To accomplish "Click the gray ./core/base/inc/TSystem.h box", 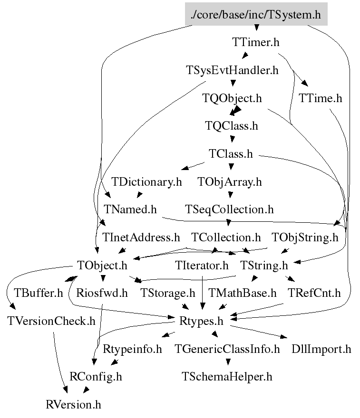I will (256, 14).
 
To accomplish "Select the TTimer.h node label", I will (255, 42).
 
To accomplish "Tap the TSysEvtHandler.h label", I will (232, 71).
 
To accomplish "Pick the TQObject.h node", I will (232, 98).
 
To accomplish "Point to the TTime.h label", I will (320, 98).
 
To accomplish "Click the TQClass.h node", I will (232, 126).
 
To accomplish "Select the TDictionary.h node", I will (147, 182).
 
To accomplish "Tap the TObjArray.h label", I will (230, 182).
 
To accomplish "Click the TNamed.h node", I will (130, 209).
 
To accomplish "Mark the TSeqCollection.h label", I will (229, 209).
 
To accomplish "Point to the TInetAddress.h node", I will (141, 237).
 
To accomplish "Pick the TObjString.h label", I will (305, 237).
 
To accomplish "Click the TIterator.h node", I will (202, 265).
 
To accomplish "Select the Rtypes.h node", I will (201, 321).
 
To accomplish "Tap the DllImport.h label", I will (321, 350).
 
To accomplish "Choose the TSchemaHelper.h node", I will (227, 377).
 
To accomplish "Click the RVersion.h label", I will (73, 405).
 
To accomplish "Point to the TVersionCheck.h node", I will (51, 321).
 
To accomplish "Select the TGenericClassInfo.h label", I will (227, 350).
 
